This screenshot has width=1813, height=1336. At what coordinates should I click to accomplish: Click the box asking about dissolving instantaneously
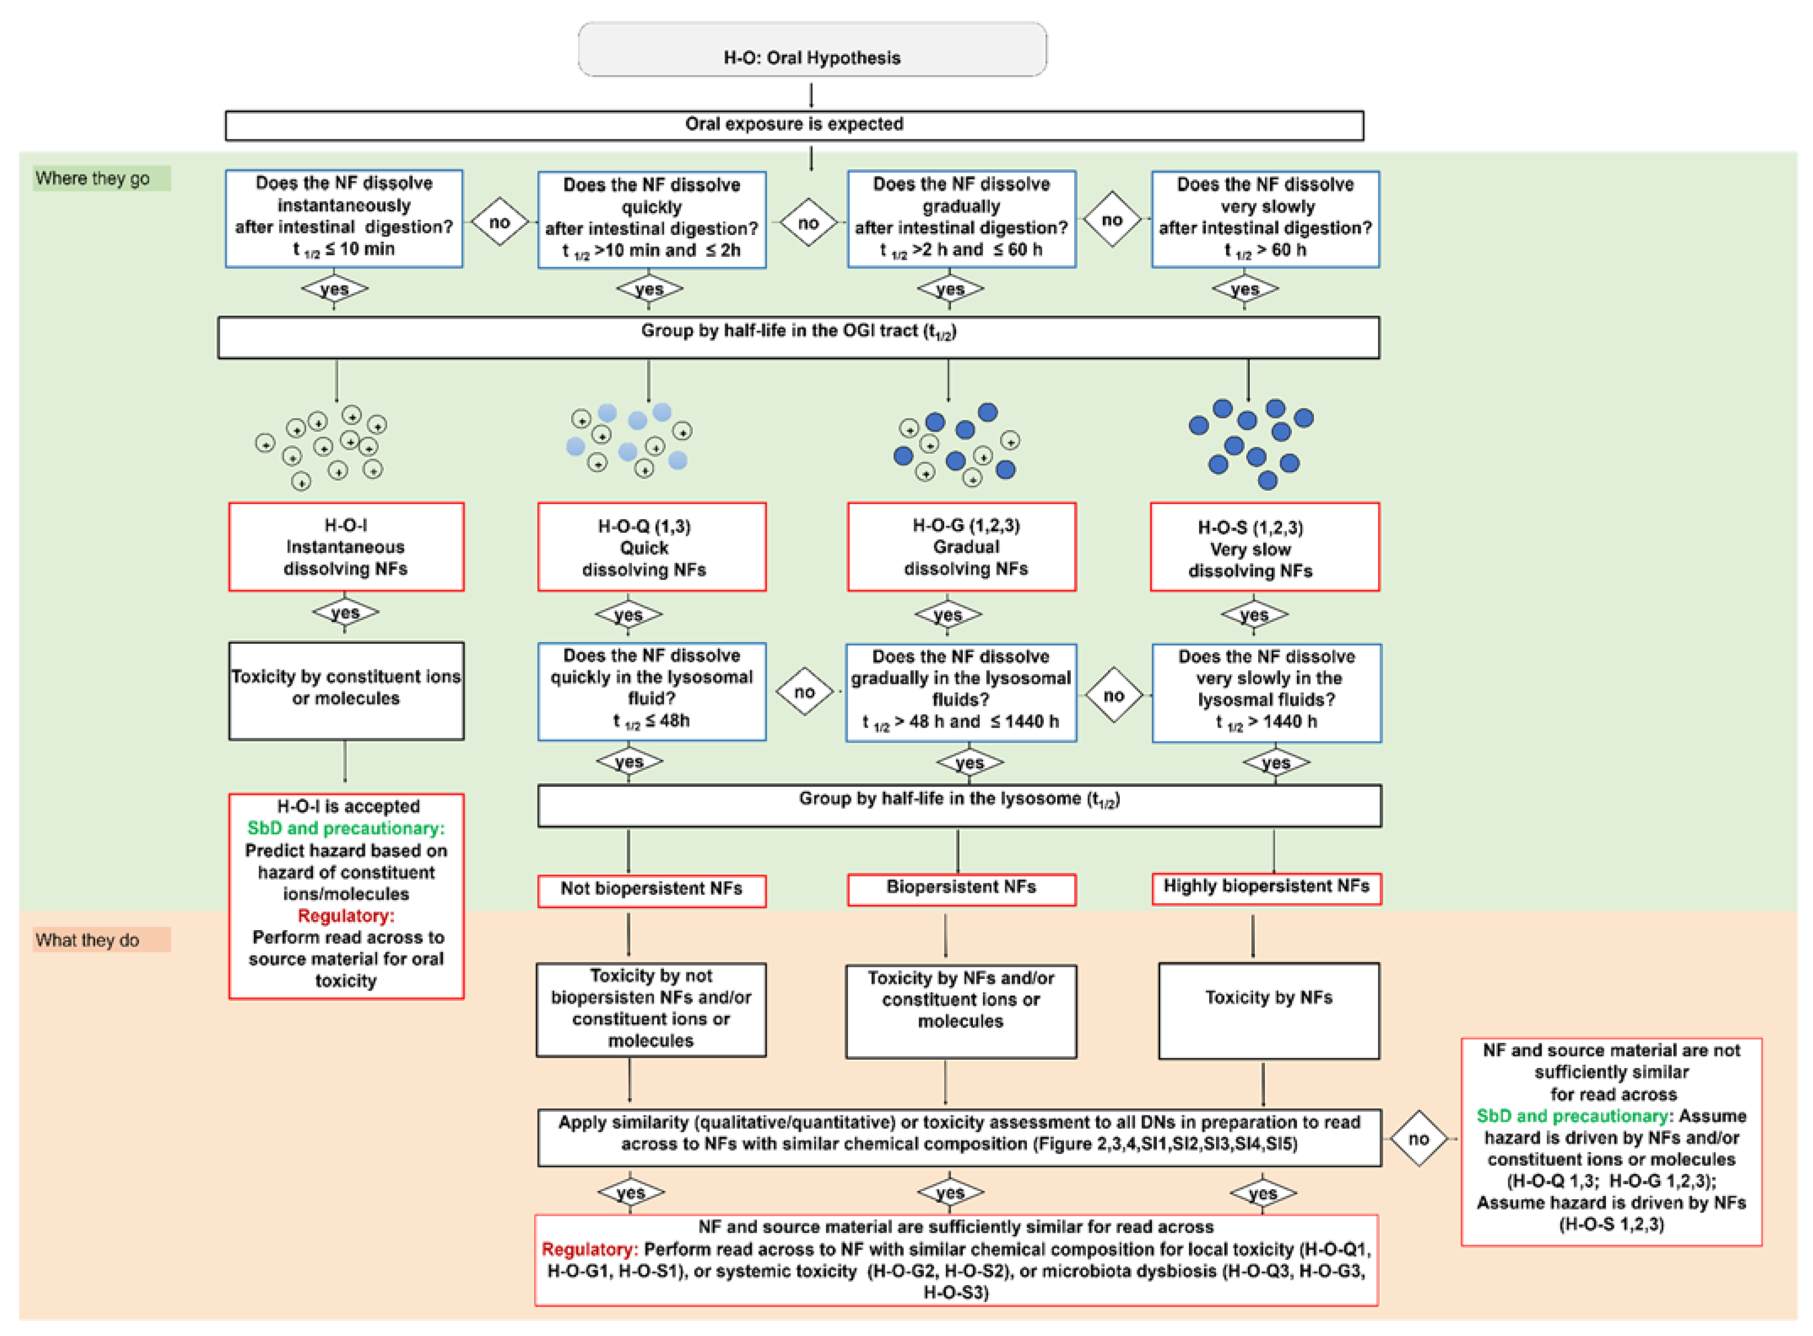pyautogui.click(x=344, y=218)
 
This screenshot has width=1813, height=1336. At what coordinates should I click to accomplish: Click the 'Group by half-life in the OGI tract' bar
pyautogui.click(x=798, y=337)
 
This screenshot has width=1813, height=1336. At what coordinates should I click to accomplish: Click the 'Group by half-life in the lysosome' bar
pyautogui.click(x=959, y=804)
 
